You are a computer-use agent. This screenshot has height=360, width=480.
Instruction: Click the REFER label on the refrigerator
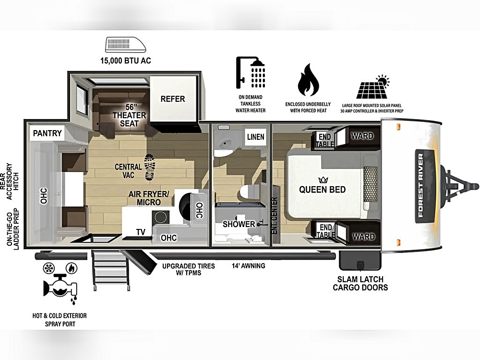pyautogui.click(x=173, y=99)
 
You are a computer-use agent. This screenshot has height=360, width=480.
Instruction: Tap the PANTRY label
pyautogui.click(x=48, y=133)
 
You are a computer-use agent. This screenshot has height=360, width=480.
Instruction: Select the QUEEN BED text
pyautogui.click(x=323, y=190)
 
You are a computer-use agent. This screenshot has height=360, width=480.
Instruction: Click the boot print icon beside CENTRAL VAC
pyautogui.click(x=149, y=167)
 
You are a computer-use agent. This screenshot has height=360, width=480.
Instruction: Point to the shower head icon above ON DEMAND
pyautogui.click(x=251, y=72)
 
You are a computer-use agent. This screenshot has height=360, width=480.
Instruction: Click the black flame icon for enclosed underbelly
pyautogui.click(x=308, y=80)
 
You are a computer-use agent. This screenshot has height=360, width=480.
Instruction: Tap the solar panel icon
pyautogui.click(x=373, y=87)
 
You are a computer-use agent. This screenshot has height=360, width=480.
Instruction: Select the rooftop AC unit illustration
pyautogui.click(x=125, y=45)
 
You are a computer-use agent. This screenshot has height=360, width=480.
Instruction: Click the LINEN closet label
pyautogui.click(x=256, y=137)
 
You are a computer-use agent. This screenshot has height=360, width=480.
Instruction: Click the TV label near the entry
pyautogui.click(x=141, y=232)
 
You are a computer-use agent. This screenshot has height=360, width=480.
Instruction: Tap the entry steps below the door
pyautogui.click(x=110, y=270)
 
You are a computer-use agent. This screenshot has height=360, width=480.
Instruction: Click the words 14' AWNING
pyautogui.click(x=249, y=266)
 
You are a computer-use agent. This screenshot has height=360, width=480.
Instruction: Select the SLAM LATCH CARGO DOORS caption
pyautogui.click(x=360, y=283)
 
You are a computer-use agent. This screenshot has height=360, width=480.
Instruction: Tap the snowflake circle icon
pyautogui.click(x=48, y=268)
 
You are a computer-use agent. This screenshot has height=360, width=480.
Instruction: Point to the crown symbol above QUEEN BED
pyautogui.click(x=323, y=180)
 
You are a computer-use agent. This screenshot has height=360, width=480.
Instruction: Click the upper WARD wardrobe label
pyautogui.click(x=362, y=136)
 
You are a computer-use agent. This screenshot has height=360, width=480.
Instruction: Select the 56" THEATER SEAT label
pyautogui.click(x=130, y=115)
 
